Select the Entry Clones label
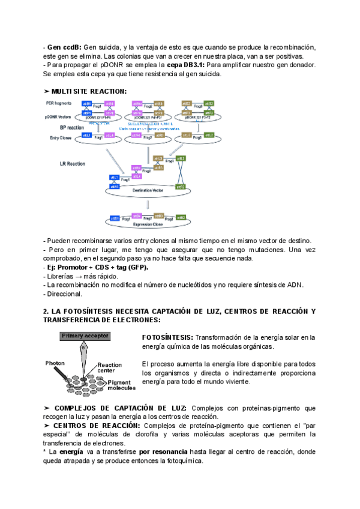click(61, 137)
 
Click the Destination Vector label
click(148, 190)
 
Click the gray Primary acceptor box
click(85, 336)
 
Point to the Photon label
click(56, 363)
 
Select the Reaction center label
click(109, 368)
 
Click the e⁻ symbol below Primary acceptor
click(85, 347)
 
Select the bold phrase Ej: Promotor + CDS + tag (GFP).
click(98, 267)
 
